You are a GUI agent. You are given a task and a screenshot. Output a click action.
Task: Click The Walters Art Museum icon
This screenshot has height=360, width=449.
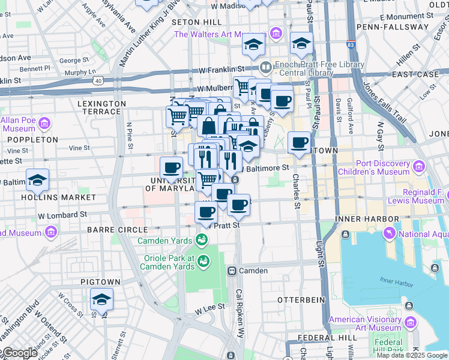click(x=276, y=33)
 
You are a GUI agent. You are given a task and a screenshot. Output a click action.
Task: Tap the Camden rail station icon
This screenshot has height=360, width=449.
click(x=231, y=271)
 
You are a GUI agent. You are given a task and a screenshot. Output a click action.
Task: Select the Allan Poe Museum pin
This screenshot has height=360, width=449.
click(x=44, y=124)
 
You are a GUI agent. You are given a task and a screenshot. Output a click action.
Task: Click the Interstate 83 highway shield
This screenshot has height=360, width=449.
click(x=351, y=44)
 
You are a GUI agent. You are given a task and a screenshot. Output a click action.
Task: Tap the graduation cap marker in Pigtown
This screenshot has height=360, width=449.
click(x=101, y=299)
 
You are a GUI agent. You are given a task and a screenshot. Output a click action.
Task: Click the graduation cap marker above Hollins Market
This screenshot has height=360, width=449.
click(x=37, y=180)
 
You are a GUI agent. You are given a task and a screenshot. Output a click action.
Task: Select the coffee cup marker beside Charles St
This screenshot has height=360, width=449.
click(x=299, y=143)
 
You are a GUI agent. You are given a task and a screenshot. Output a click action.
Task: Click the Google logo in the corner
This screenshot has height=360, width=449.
click(x=19, y=353)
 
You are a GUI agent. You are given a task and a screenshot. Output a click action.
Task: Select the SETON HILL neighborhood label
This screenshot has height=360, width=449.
click(x=197, y=22)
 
